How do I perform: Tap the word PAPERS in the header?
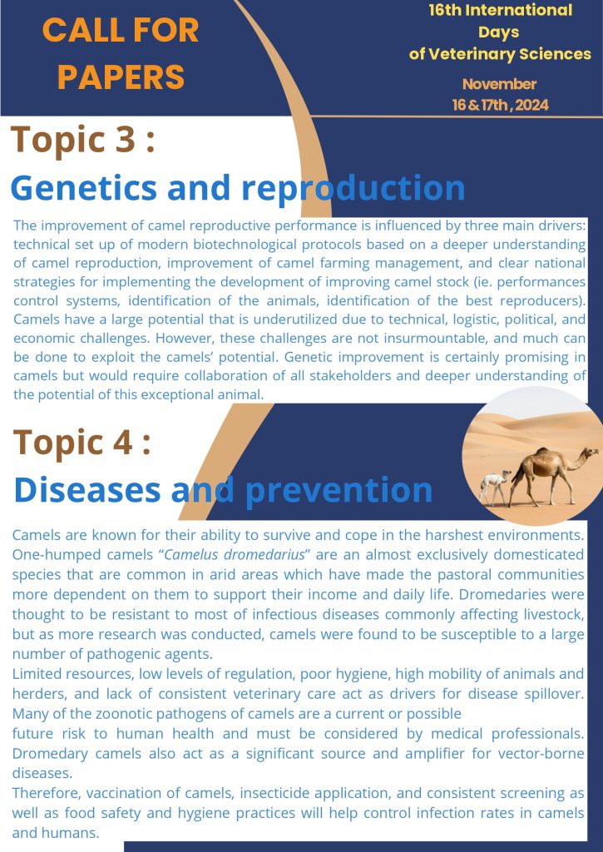coord(121,77)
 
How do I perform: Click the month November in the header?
coord(499,84)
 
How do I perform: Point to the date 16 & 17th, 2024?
coord(501,104)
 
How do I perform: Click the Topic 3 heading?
coord(82,140)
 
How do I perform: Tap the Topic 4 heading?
coord(82,443)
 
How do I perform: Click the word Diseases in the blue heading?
coord(87,489)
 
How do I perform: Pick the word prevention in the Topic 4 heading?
coord(339,491)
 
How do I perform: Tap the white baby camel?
coord(494,486)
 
